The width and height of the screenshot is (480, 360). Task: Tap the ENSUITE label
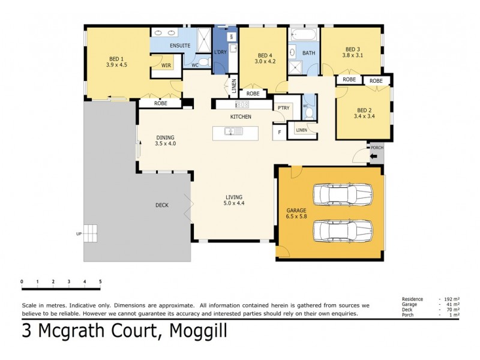point(180,46)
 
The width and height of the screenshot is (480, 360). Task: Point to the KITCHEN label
point(241,116)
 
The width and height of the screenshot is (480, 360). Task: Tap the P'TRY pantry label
point(281,108)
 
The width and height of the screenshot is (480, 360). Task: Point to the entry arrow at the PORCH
point(374,157)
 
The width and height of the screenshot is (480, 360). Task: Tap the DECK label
point(162,205)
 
